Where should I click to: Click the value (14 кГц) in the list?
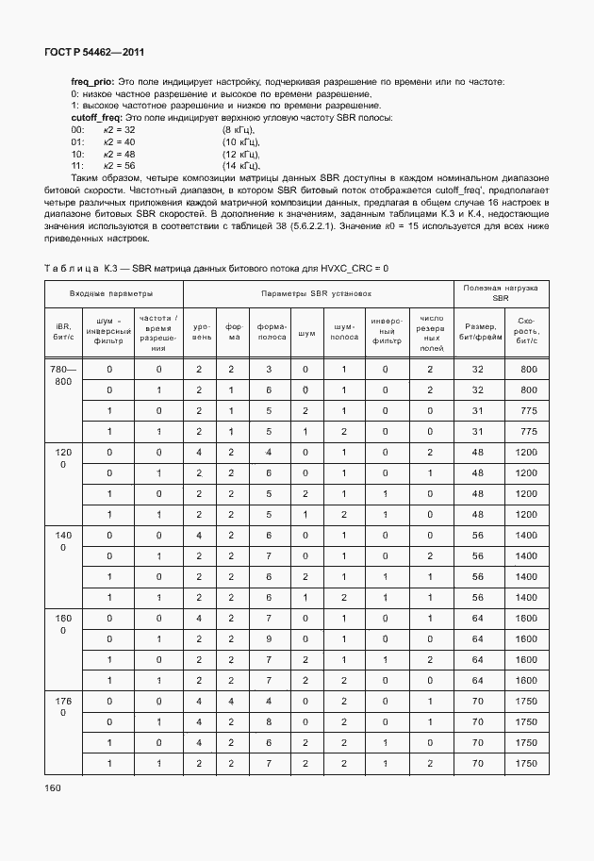[241, 165]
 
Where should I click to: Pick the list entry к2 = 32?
[119, 129]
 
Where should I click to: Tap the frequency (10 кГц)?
[241, 141]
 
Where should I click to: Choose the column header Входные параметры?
[111, 293]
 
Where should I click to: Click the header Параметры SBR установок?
[317, 293]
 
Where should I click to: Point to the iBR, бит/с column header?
[62, 332]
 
